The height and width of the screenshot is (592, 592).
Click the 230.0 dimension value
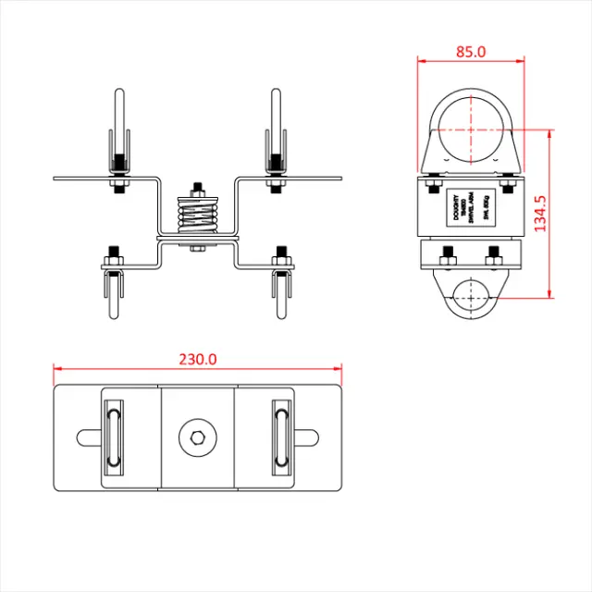coord(197,359)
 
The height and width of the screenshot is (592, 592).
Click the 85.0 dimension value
coord(471,52)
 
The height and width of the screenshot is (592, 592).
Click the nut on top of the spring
coord(197,189)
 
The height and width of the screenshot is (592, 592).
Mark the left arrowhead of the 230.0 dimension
coord(57,369)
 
